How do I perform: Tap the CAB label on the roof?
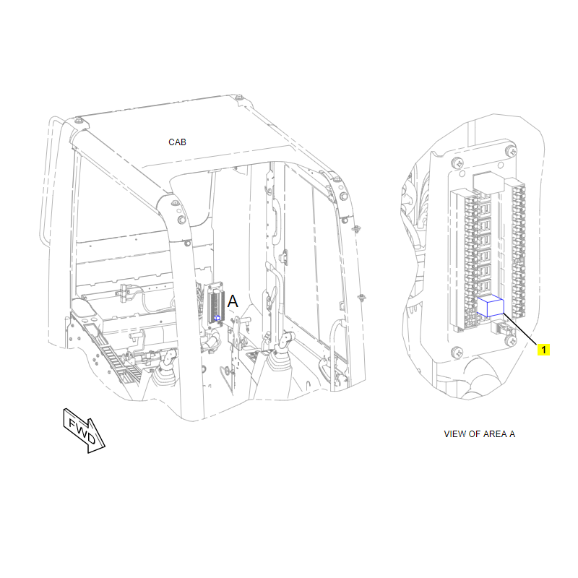pyautogui.click(x=177, y=142)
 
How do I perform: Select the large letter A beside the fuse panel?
pyautogui.click(x=233, y=302)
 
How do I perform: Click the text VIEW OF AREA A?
pyautogui.click(x=479, y=434)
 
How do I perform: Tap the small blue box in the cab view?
pyautogui.click(x=217, y=318)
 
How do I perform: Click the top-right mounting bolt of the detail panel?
pyautogui.click(x=511, y=151)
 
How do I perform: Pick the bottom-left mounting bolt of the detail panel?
pyautogui.click(x=457, y=352)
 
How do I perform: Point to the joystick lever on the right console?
pyautogui.click(x=286, y=340)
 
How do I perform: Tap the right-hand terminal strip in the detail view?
pyautogui.click(x=517, y=246)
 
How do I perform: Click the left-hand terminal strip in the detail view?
pyautogui.click(x=460, y=253)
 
